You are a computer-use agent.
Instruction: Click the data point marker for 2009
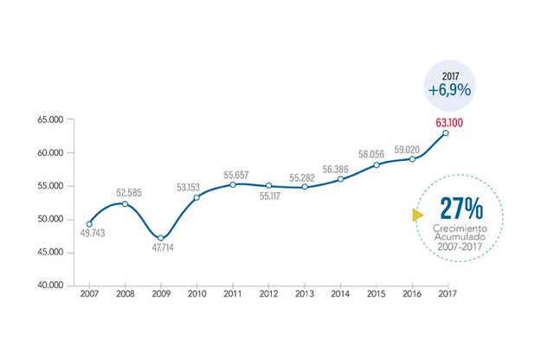pyautogui.click(x=161, y=238)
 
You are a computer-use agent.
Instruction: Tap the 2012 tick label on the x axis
pyautogui.click(x=268, y=296)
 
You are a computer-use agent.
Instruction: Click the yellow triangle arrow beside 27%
pyautogui.click(x=418, y=214)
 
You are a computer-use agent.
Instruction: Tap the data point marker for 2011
pyautogui.click(x=233, y=184)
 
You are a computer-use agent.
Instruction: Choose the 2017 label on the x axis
pyautogui.click(x=447, y=296)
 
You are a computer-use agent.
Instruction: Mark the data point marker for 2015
pyautogui.click(x=376, y=164)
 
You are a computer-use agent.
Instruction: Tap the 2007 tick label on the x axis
pyautogui.click(x=89, y=296)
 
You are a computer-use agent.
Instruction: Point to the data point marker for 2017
pyautogui.click(x=446, y=133)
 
